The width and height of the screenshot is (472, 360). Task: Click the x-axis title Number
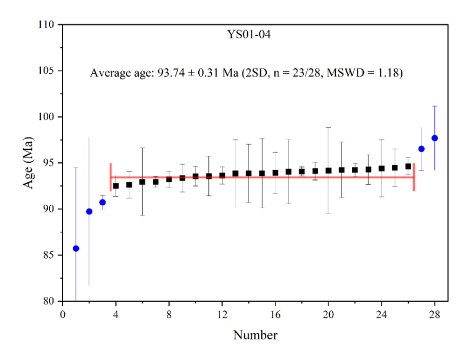255,336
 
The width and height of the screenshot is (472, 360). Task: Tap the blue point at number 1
76,248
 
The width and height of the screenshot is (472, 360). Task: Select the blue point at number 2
89,211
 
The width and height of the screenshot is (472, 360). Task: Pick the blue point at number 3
102,202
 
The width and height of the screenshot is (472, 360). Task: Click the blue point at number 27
421,149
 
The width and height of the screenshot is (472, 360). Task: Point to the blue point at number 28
435,138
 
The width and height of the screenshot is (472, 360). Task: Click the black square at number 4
116,186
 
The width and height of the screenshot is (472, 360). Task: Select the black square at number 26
408,166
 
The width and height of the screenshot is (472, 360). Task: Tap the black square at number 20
329,171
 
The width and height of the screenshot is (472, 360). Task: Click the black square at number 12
222,175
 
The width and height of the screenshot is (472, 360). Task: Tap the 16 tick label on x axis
276,313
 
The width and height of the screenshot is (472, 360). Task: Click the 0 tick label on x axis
63,313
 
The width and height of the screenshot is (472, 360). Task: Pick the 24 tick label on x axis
382,313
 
